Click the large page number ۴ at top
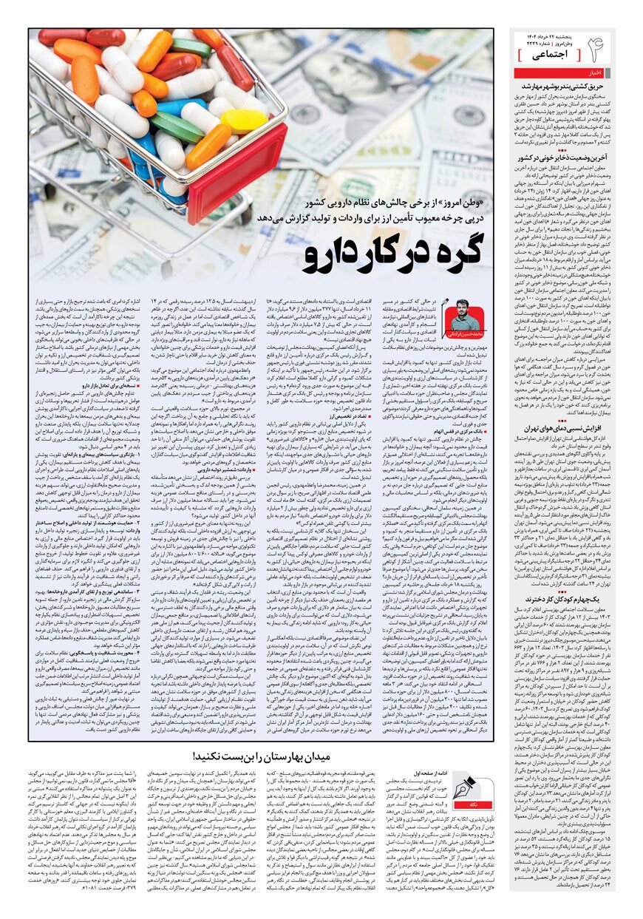[x=594, y=49]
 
